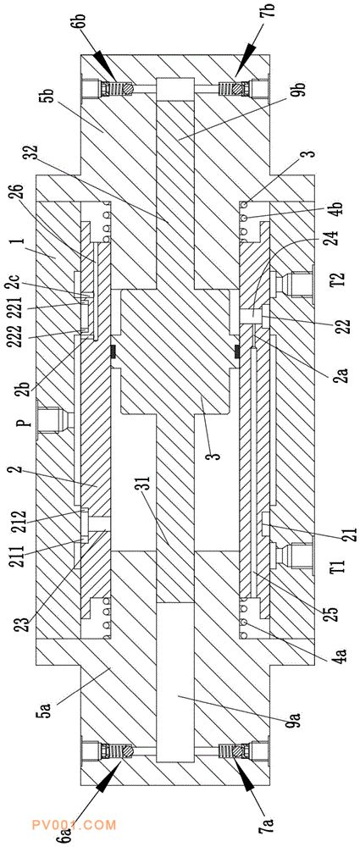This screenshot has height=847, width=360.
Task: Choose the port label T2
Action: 337,282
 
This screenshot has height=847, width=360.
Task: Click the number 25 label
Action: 333,612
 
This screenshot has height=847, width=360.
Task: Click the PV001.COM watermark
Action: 74,825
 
